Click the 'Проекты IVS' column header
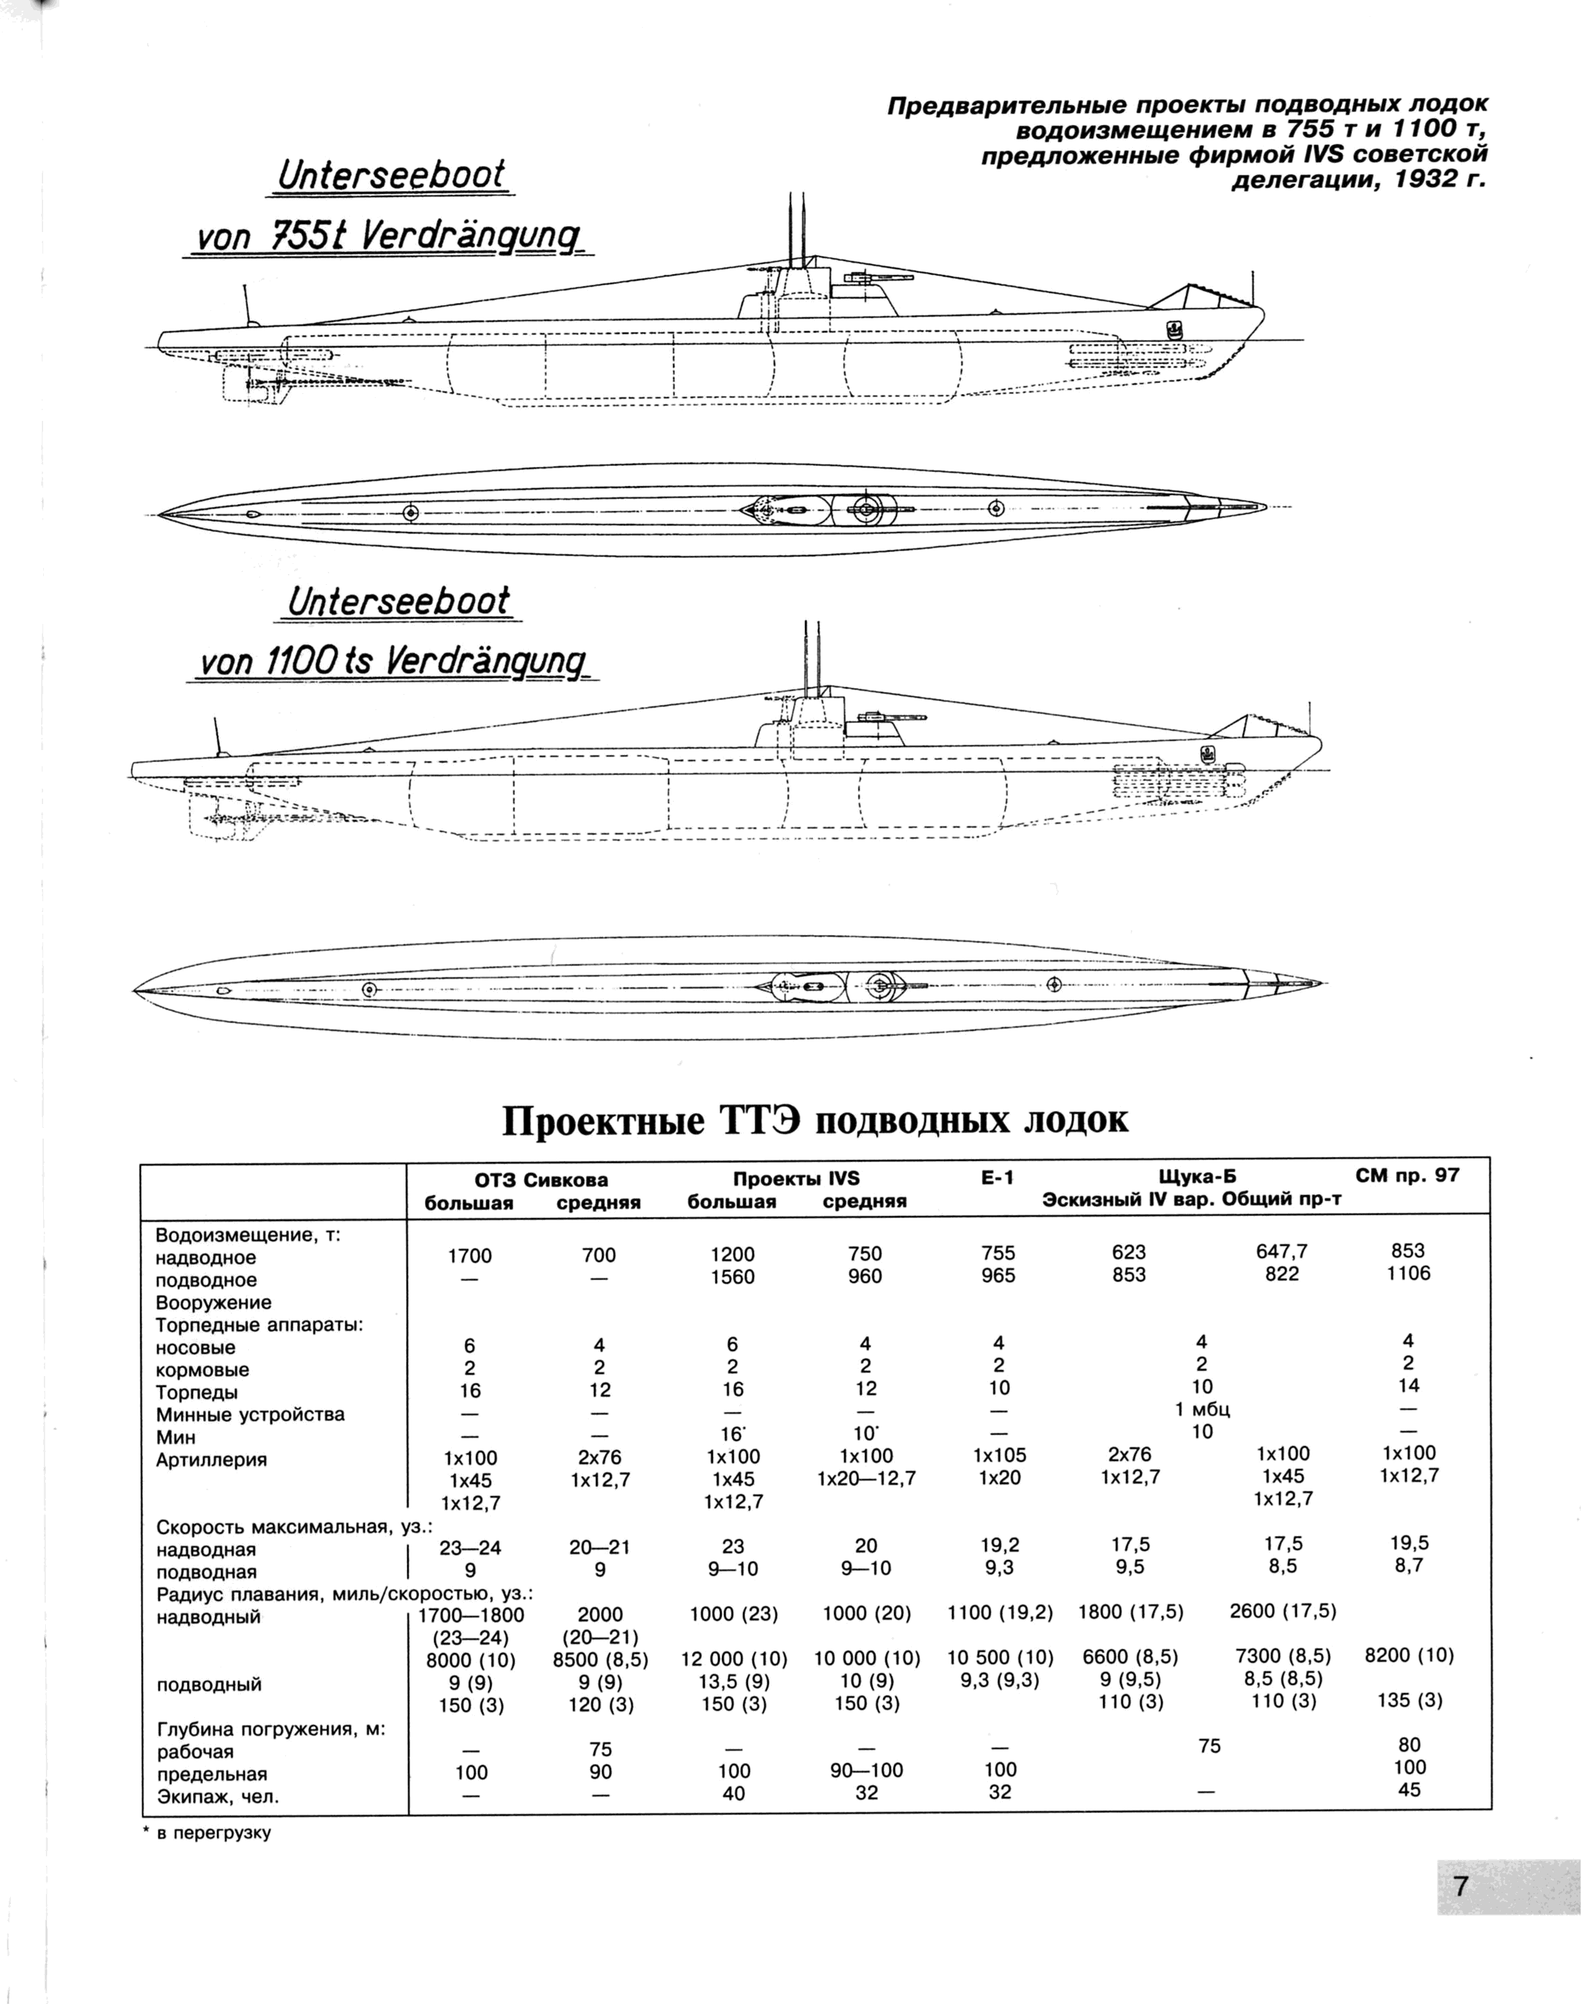tap(796, 1178)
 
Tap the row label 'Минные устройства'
tap(250, 1414)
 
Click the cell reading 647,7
tap(1282, 1251)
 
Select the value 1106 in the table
tap(1409, 1273)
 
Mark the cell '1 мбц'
tap(1202, 1409)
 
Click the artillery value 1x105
tap(999, 1454)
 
